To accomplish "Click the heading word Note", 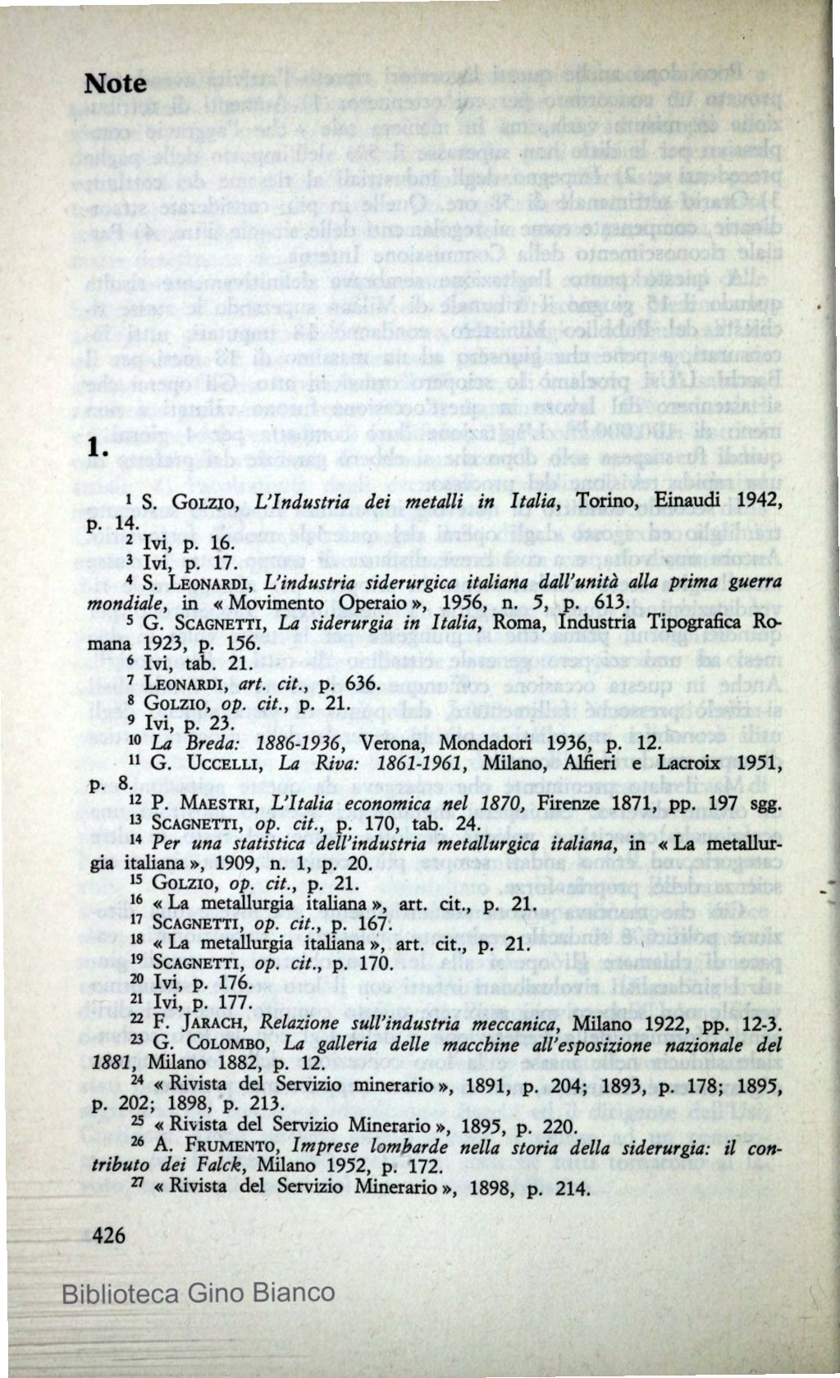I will pyautogui.click(x=116, y=83).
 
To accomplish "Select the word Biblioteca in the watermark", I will pyautogui.click(x=120, y=1294).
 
